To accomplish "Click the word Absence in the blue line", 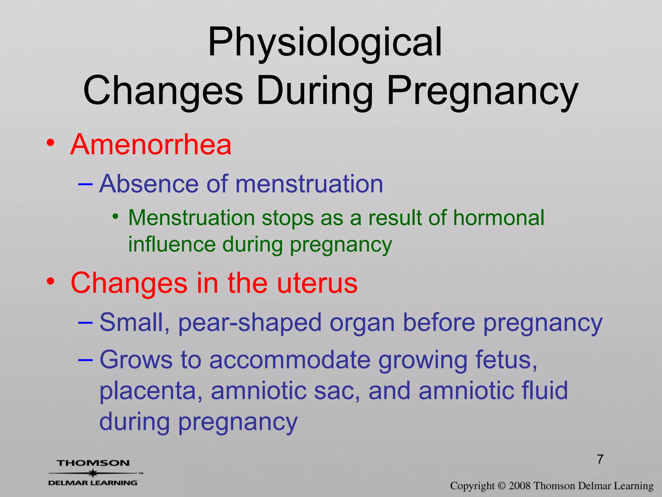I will pos(148,184).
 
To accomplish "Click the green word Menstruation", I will pos(192,217).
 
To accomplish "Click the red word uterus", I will pos(317,283).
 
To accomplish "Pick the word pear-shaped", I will pos(250,323).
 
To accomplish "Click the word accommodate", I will pos(290,360).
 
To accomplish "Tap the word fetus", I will pos(506,360).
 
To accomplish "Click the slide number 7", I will pos(600,459).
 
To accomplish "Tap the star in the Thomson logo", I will pos(93,473).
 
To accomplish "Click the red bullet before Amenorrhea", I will pos(50,143).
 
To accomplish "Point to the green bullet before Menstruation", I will pos(115,216).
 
